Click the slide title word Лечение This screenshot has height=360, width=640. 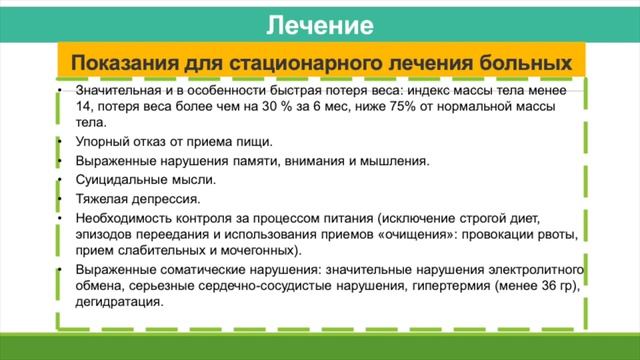coord(320,23)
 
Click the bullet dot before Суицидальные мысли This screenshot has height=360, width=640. coord(60,180)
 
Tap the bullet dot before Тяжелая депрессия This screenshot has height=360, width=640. coord(60,198)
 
